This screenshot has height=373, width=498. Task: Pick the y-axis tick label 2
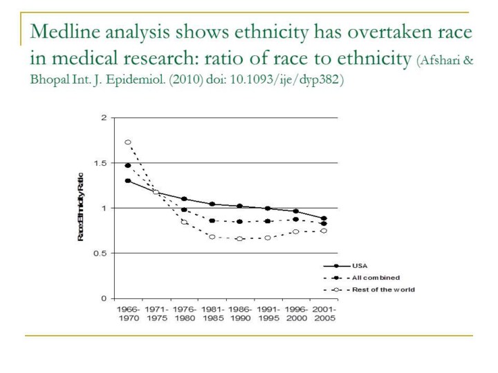[104, 118]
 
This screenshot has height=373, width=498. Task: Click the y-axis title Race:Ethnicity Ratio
[81, 207]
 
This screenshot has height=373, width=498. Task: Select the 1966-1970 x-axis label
[128, 314]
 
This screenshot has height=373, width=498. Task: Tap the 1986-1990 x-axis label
[240, 314]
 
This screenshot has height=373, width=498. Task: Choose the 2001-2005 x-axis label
[324, 314]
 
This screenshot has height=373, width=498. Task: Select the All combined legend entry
[376, 278]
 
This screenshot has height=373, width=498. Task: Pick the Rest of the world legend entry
[383, 289]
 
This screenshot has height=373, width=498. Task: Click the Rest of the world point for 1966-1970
[128, 142]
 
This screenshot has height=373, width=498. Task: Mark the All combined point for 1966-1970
[128, 166]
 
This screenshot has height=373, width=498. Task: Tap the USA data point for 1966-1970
[128, 181]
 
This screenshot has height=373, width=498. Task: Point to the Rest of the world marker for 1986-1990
[240, 239]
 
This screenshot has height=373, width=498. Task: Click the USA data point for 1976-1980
[184, 199]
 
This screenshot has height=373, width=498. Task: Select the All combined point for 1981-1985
[212, 221]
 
